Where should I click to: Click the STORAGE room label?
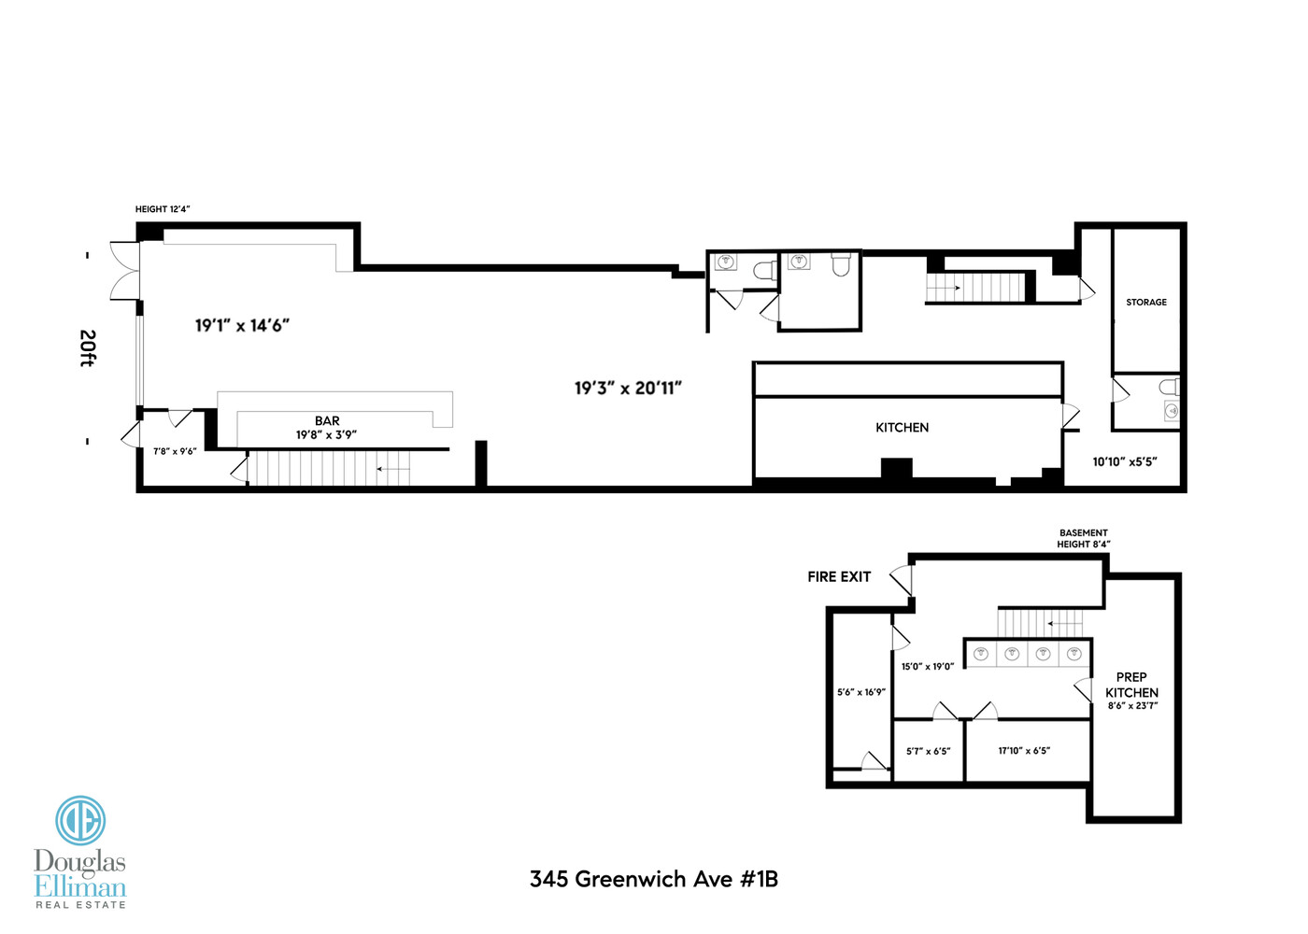pyautogui.click(x=1145, y=303)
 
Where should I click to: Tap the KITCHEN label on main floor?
pyautogui.click(x=902, y=428)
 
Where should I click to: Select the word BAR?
pyautogui.click(x=327, y=421)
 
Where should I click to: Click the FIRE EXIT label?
pyautogui.click(x=839, y=577)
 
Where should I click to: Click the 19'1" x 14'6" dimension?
pyautogui.click(x=242, y=326)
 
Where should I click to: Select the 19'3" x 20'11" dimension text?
pyautogui.click(x=628, y=389)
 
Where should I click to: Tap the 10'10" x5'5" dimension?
pyautogui.click(x=1125, y=461)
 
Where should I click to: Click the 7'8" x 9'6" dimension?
pyautogui.click(x=175, y=452)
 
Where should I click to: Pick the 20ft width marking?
pyautogui.click(x=87, y=348)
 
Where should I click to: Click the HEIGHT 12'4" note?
pyautogui.click(x=163, y=209)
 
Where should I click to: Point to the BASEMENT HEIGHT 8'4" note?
pyautogui.click(x=1083, y=539)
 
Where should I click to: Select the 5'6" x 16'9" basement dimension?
pyautogui.click(x=860, y=693)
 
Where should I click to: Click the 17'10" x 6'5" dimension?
pyautogui.click(x=1024, y=751)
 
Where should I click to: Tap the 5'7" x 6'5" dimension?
pyautogui.click(x=928, y=751)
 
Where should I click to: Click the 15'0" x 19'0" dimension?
pyautogui.click(x=927, y=667)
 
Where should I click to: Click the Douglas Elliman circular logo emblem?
pyautogui.click(x=80, y=821)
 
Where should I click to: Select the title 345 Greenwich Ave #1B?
pyautogui.click(x=653, y=880)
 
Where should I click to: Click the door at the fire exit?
pyautogui.click(x=902, y=580)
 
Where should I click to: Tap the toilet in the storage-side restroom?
pyautogui.click(x=1167, y=387)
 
